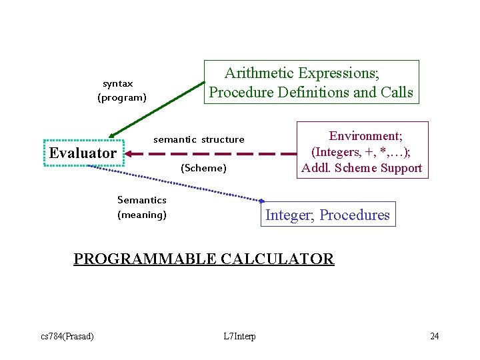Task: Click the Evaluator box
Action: point(83,153)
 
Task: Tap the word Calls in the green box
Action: point(396,92)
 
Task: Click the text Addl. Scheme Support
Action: point(361,167)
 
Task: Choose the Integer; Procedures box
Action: point(327,215)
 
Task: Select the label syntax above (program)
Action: point(118,84)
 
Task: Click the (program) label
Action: point(122,98)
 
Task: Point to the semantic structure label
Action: point(199,139)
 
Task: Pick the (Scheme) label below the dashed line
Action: point(204,168)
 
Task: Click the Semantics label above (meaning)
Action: point(142,200)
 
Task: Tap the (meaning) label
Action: point(142,215)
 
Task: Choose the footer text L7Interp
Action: point(240,335)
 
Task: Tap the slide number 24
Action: point(434,335)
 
